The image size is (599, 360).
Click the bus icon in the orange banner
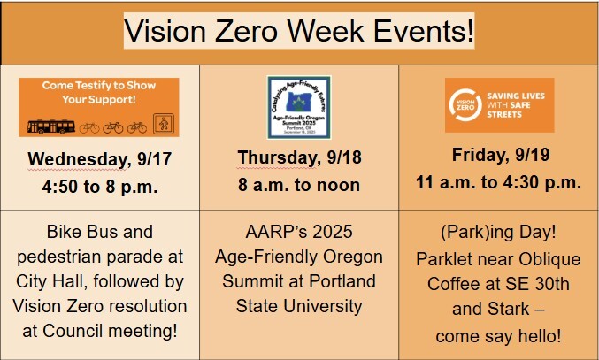coord(51,126)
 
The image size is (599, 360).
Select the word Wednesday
coord(78,159)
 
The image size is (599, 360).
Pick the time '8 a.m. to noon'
coord(300,185)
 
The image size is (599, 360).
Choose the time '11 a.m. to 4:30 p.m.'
coord(499,183)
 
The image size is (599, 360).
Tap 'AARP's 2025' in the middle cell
coord(300,232)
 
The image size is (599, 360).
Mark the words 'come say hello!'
coord(499,337)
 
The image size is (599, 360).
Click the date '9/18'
coord(342,157)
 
